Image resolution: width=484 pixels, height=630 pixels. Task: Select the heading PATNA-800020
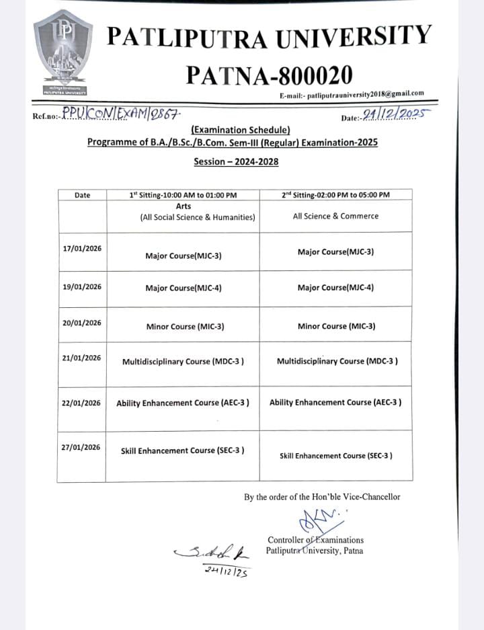click(x=269, y=74)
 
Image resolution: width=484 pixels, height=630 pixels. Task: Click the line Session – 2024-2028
click(x=236, y=161)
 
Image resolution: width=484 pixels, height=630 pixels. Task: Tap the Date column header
click(x=82, y=195)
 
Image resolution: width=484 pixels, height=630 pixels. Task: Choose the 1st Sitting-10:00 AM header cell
click(x=183, y=195)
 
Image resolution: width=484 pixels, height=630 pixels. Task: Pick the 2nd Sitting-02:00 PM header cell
click(x=335, y=195)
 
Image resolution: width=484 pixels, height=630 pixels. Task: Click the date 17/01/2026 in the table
click(x=82, y=248)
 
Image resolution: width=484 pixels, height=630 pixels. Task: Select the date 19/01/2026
click(x=82, y=286)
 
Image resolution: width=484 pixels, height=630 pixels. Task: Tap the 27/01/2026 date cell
click(x=82, y=447)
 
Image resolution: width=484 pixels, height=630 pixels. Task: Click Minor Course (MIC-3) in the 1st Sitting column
click(x=185, y=327)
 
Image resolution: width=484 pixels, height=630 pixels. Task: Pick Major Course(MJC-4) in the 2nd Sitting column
click(x=335, y=287)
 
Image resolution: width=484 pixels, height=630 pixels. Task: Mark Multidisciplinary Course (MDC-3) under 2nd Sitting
click(x=337, y=361)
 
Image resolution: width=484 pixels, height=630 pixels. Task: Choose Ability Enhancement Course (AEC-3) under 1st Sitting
click(x=183, y=403)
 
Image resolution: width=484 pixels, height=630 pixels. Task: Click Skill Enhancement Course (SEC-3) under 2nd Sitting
click(x=336, y=456)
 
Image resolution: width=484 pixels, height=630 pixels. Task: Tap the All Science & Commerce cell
click(x=335, y=216)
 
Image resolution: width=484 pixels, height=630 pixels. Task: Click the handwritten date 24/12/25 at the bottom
click(x=224, y=572)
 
